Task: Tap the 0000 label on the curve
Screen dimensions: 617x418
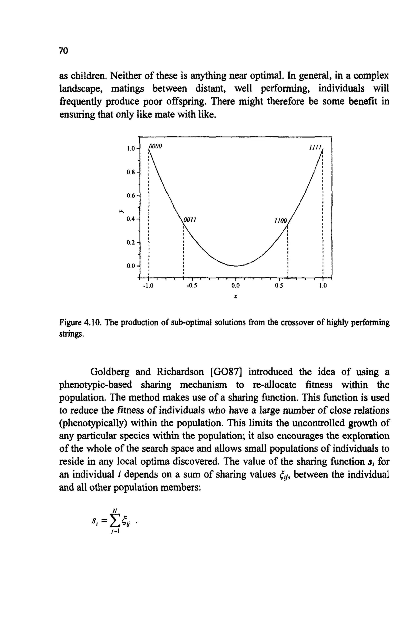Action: tap(156, 146)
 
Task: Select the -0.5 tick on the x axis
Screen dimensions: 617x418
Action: tap(192, 286)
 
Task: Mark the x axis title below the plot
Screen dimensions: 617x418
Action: tap(235, 297)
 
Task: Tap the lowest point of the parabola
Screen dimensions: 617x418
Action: tap(236, 266)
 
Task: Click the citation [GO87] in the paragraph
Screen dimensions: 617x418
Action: tap(225, 372)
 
